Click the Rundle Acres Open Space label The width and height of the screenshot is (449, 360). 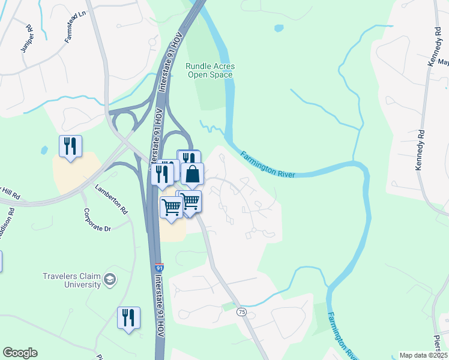tap(209, 70)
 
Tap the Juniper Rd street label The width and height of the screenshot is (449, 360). tap(26, 38)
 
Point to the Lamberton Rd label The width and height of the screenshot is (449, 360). tap(111, 199)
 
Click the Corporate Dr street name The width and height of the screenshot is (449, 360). tap(98, 220)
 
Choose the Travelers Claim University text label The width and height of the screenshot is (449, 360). tap(71, 280)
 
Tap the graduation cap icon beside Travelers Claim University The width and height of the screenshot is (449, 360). tap(110, 279)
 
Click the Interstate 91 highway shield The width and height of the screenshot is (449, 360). tap(158, 266)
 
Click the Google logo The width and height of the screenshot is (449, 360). tap(20, 353)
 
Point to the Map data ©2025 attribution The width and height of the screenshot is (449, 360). tap(423, 355)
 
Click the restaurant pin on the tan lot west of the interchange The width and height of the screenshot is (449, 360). tap(70, 145)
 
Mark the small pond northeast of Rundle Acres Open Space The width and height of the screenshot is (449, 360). tap(279, 28)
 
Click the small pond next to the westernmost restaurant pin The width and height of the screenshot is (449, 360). tap(44, 149)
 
